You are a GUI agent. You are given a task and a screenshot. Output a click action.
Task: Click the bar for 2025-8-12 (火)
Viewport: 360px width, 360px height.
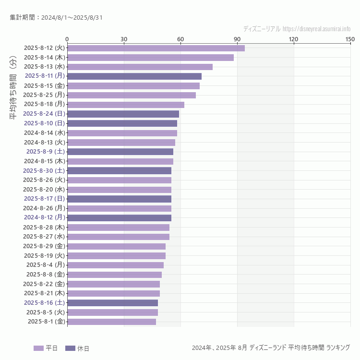click(156, 48)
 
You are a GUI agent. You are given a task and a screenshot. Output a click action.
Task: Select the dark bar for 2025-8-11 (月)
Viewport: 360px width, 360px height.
click(134, 76)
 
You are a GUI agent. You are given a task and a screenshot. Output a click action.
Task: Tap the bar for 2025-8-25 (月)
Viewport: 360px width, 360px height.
click(132, 95)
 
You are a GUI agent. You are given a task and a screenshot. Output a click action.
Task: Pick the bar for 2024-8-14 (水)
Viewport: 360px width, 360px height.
click(122, 133)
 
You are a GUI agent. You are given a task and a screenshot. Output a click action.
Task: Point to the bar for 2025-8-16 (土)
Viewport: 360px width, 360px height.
click(112, 303)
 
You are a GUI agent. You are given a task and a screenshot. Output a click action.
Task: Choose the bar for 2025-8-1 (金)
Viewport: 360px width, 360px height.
click(111, 322)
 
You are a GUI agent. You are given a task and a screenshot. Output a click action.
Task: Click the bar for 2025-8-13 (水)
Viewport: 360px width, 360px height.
click(140, 67)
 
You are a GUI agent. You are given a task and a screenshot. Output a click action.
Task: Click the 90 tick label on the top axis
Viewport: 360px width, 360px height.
click(237, 39)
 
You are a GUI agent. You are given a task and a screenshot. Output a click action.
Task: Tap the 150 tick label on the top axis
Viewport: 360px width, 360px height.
click(350, 39)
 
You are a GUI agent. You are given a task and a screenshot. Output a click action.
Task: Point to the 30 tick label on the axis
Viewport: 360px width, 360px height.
click(124, 39)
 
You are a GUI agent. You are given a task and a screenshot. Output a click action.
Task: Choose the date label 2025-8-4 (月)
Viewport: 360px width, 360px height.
click(46, 264)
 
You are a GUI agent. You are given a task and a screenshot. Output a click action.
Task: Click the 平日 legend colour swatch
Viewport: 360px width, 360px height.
click(38, 348)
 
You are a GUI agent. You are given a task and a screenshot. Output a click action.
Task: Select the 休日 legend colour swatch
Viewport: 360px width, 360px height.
click(70, 348)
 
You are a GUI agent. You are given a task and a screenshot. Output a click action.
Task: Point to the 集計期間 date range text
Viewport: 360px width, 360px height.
click(56, 18)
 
